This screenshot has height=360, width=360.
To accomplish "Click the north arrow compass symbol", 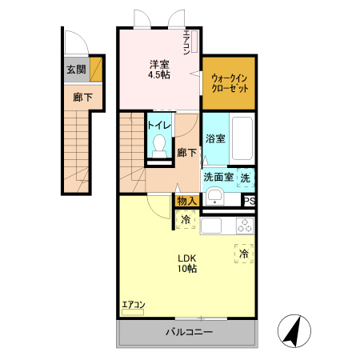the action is coord(294,331).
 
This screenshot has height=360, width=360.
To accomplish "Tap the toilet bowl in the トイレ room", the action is coord(159,146).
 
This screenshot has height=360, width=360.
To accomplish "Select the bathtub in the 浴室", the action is coord(242,138).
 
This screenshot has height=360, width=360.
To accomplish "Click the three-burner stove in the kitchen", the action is coord(245,226).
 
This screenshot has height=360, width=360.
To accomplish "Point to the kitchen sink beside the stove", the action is coord(211,226).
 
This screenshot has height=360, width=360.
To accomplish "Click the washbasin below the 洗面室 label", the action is coord(215,198).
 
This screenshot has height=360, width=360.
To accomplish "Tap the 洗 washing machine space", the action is coord(246,178).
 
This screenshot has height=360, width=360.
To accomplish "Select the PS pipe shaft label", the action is coord(250,201).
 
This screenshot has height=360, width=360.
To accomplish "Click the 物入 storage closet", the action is coord(187,201).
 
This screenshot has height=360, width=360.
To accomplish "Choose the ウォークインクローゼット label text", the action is coord(230,83).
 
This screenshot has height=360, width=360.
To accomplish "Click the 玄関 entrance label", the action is coord(76,70).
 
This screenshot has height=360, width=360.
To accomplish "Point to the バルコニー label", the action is coord(190,332).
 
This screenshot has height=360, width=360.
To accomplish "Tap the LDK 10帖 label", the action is coord(187,263).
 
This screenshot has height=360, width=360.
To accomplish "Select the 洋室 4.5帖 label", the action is coord(159,70).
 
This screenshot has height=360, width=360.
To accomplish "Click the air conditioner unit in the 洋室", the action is coord(194,42).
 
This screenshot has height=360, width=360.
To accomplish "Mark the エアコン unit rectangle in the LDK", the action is coord(133,312).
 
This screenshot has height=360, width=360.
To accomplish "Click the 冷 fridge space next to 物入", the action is coord(186,219).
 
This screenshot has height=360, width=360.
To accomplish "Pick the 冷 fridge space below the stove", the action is coord(244,254).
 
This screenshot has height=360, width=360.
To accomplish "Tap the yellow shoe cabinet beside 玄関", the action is coord(96,70).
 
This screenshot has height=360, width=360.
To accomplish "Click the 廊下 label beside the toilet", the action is coord(187,153).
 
